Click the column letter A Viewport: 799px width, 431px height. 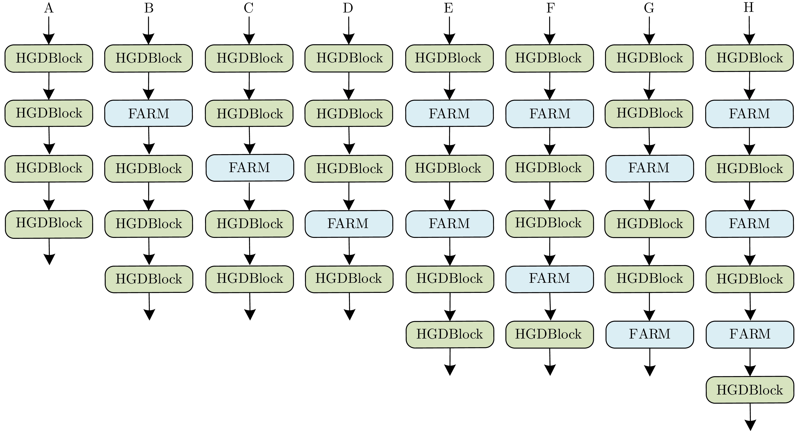tap(49, 8)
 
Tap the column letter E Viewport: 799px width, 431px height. tap(449, 8)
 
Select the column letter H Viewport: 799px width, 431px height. tap(749, 7)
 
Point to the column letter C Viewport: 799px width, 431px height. tap(248, 8)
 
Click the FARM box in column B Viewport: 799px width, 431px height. tap(149, 113)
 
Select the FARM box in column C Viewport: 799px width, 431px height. tap(250, 168)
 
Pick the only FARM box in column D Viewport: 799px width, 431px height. tap(349, 223)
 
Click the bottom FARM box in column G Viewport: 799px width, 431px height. tap(650, 334)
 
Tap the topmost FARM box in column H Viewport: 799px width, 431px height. tap(749, 113)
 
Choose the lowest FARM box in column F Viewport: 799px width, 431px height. tap(549, 278)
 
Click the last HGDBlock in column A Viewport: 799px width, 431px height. tap(49, 223)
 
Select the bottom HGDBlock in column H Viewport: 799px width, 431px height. tap(750, 389)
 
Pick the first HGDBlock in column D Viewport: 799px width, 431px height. tap(349, 58)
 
